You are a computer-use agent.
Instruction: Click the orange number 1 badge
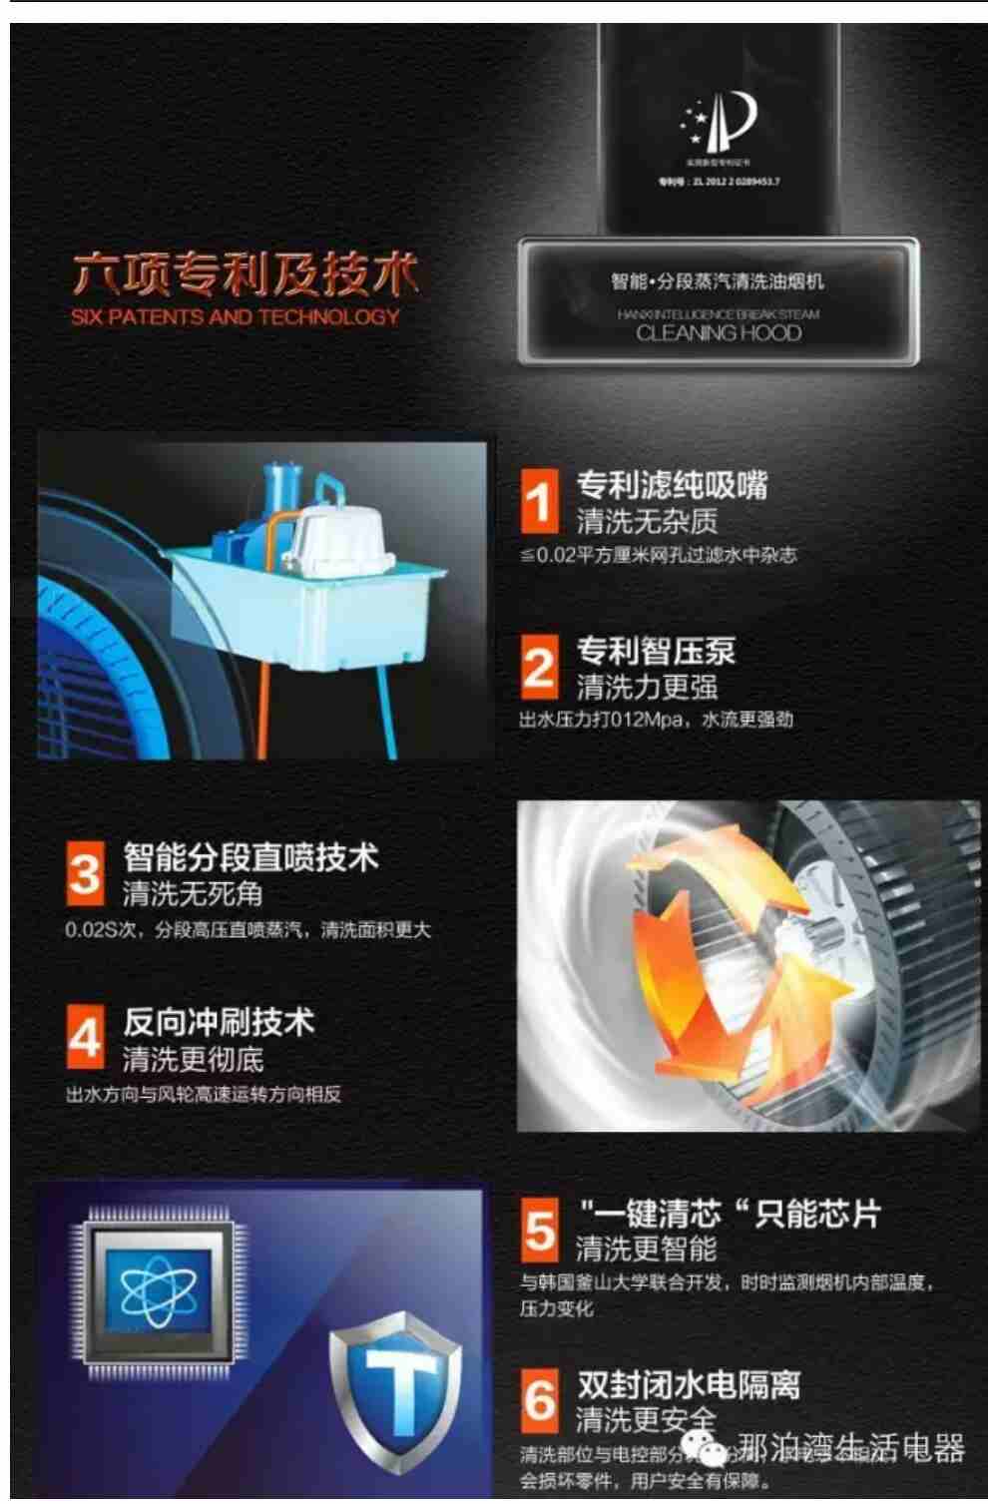pyautogui.click(x=539, y=501)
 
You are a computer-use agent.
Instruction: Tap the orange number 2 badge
pyautogui.click(x=539, y=667)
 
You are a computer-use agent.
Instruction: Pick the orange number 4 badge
pyautogui.click(x=86, y=1039)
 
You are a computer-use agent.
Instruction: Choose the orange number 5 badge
pyautogui.click(x=540, y=1231)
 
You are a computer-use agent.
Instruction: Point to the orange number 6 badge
pyautogui.click(x=540, y=1400)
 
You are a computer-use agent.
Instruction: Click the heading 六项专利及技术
pyautogui.click(x=245, y=274)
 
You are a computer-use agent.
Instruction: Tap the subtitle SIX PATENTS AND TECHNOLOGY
pyautogui.click(x=236, y=317)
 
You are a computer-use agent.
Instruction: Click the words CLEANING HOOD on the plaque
pyautogui.click(x=719, y=333)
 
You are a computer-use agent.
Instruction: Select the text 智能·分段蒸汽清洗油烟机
pyautogui.click(x=718, y=282)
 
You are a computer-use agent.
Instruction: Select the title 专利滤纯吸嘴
pyautogui.click(x=672, y=486)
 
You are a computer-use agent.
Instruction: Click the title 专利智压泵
pyautogui.click(x=656, y=651)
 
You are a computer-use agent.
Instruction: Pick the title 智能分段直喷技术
pyautogui.click(x=250, y=857)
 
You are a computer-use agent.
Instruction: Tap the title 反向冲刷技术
pyautogui.click(x=219, y=1023)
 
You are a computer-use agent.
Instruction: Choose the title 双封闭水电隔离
pyautogui.click(x=689, y=1384)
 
